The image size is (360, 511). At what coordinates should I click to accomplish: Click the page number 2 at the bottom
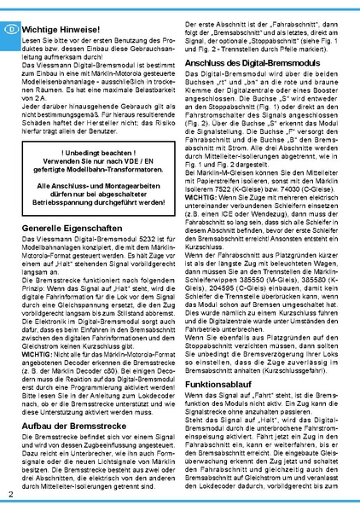coord(9,495)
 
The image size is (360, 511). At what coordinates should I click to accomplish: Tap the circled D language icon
coord(9,27)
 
